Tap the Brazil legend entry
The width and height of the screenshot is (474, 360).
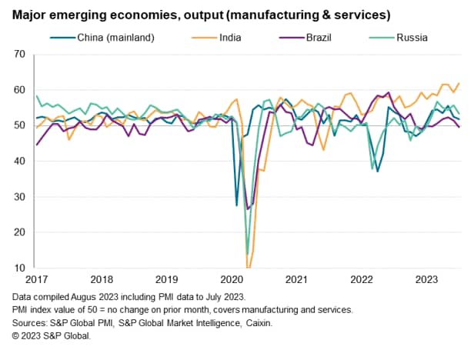pos(319,35)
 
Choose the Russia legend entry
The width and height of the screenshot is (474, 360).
pos(411,35)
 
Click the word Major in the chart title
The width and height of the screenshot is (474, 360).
pos(31,14)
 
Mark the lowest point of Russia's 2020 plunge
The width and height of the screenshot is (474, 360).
pos(247,254)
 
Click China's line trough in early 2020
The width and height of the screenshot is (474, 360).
pos(237,205)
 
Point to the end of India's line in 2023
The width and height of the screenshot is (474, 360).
pos(459,83)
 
